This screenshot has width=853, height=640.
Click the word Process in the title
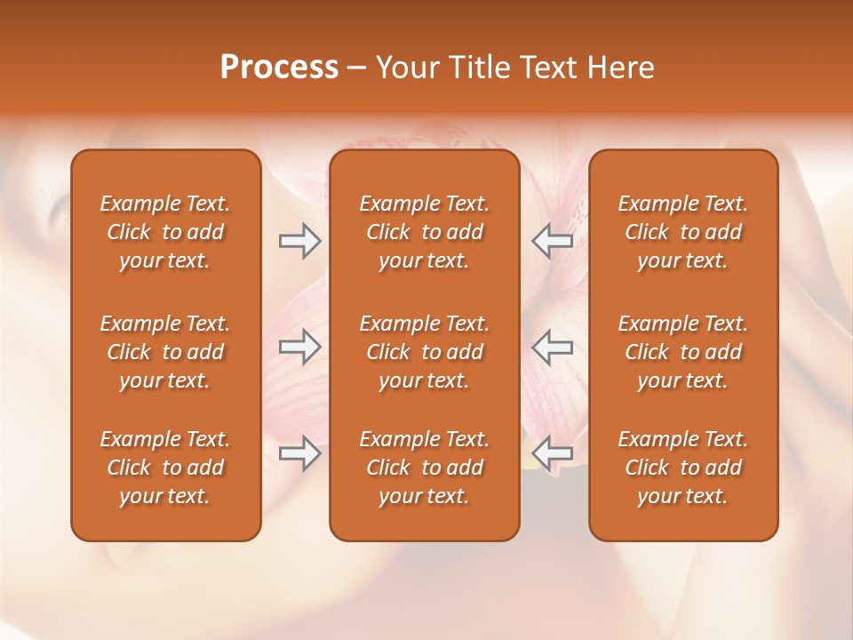click(x=279, y=68)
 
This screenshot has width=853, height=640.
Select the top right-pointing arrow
click(x=299, y=241)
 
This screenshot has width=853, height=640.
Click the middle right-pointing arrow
click(x=299, y=347)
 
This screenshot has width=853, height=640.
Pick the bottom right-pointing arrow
click(x=299, y=453)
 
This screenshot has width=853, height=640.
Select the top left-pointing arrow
click(x=552, y=241)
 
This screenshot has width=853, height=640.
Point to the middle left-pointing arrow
click(x=552, y=347)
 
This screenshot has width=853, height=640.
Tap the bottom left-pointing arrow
click(x=552, y=453)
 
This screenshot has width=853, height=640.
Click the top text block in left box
click(x=165, y=232)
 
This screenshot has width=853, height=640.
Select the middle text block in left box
click(x=165, y=352)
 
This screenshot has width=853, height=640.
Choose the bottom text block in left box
click(x=165, y=468)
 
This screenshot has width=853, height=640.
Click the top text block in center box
click(x=424, y=232)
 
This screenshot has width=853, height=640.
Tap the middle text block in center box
click(x=424, y=352)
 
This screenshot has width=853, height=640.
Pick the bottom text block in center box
click(x=424, y=468)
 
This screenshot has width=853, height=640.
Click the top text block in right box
click(x=683, y=232)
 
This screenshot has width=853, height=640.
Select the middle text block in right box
click(x=683, y=352)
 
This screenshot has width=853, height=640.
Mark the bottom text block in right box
click(x=683, y=468)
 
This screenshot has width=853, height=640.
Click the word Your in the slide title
click(x=408, y=68)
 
